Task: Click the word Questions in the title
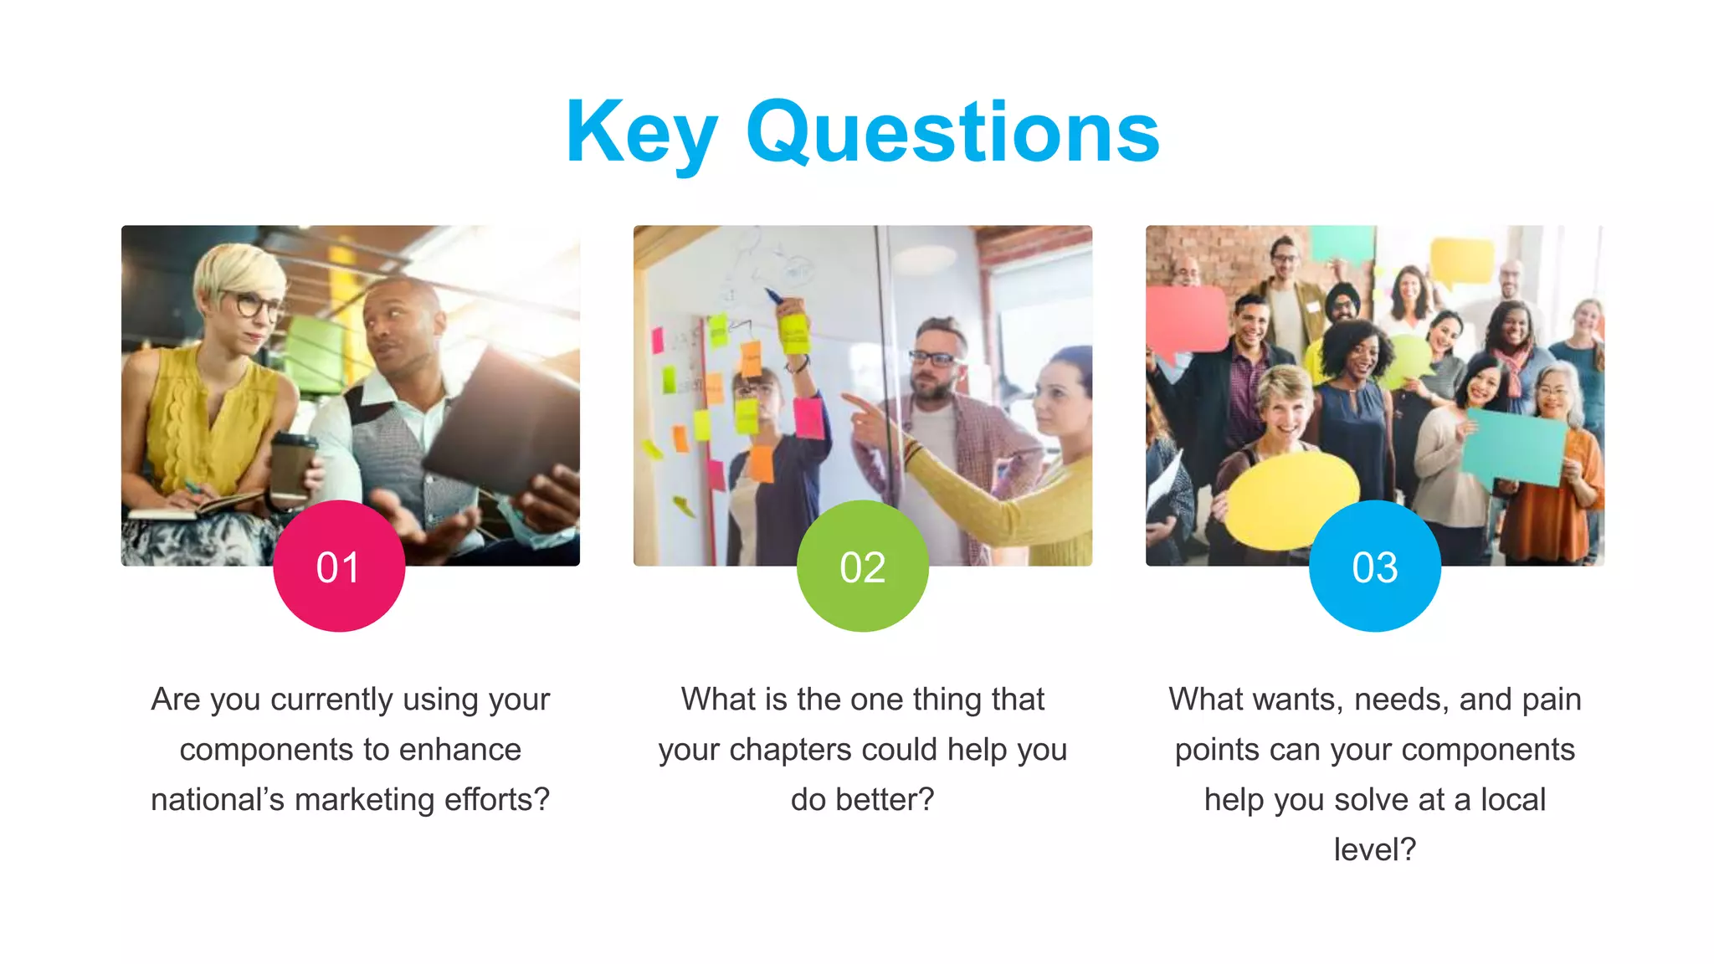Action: point(952,132)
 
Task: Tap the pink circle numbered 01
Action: point(339,567)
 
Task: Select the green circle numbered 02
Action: point(862,567)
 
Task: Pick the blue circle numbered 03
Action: point(1374,567)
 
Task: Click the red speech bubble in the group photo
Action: point(1187,318)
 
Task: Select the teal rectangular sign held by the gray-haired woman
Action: point(1515,446)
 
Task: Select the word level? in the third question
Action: point(1374,850)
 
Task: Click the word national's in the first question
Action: point(218,800)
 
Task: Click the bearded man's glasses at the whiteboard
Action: point(932,359)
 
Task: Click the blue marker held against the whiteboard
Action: point(773,295)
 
